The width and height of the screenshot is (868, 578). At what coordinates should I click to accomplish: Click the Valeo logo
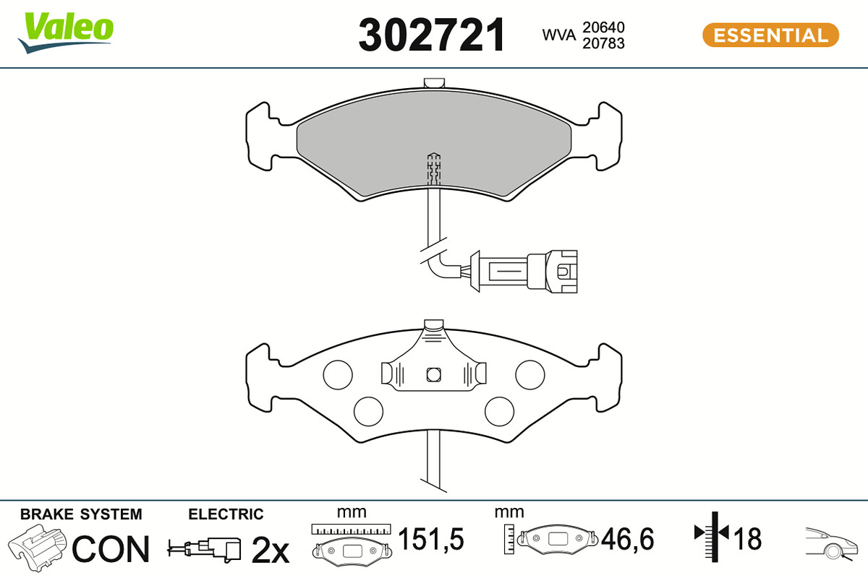pyautogui.click(x=66, y=33)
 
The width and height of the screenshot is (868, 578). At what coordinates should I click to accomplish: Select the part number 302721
pyautogui.click(x=432, y=35)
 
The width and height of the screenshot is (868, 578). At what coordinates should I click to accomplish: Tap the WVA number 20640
pyautogui.click(x=603, y=27)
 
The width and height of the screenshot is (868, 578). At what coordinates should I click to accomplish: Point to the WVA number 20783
pyautogui.click(x=603, y=43)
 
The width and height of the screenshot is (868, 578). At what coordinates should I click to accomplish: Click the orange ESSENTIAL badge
pyautogui.click(x=770, y=35)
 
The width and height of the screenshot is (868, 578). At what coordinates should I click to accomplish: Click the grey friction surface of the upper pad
pyautogui.click(x=433, y=143)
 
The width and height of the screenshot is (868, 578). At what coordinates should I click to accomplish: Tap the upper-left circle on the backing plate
pyautogui.click(x=338, y=375)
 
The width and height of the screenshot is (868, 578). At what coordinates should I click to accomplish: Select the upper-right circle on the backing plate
pyautogui.click(x=530, y=375)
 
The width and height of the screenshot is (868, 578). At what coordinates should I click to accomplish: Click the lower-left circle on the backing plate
pyautogui.click(x=368, y=412)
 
